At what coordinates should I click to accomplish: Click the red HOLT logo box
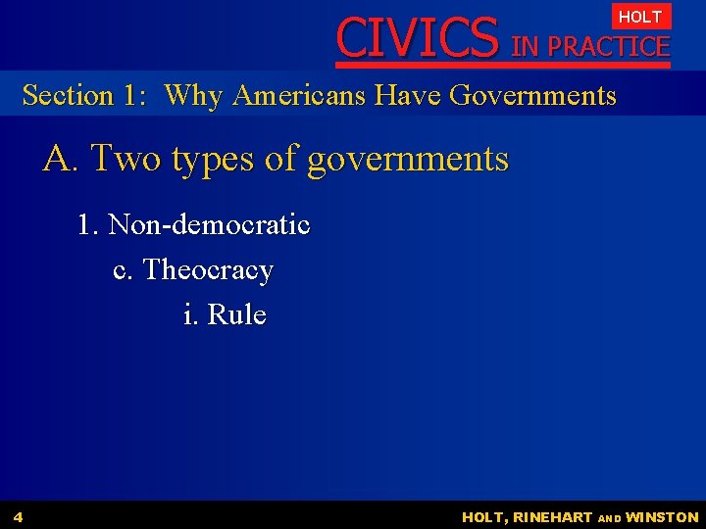click(640, 17)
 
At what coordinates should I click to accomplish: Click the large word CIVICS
click(417, 37)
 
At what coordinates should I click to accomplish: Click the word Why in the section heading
click(193, 96)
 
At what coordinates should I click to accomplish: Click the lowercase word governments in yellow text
click(407, 160)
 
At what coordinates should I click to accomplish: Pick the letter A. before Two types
click(59, 158)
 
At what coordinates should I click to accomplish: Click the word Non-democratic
click(209, 225)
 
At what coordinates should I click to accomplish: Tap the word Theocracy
click(208, 270)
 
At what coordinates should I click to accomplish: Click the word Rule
click(237, 314)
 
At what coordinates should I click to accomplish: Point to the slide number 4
click(19, 516)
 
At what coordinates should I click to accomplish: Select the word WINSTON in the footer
click(662, 517)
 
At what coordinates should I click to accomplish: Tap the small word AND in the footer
click(609, 518)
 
